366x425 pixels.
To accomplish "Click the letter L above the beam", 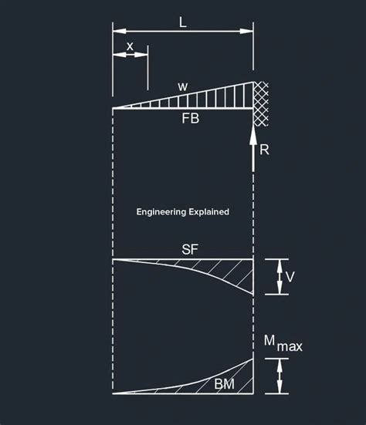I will tap(183, 22).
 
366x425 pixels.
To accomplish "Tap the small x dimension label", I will tap(130, 46).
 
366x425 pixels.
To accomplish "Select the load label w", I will tap(183, 86).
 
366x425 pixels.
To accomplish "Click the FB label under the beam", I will tap(191, 119).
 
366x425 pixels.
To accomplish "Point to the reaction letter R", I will tap(265, 150).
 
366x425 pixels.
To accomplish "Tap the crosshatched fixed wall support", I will tap(261, 103).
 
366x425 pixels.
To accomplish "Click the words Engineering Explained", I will tap(182, 211).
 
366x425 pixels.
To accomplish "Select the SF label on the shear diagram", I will tap(190, 249).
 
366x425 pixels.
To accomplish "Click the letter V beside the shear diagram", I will tap(290, 276).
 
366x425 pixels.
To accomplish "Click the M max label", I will tap(283, 344).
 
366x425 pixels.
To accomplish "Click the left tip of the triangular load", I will tap(114, 109).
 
